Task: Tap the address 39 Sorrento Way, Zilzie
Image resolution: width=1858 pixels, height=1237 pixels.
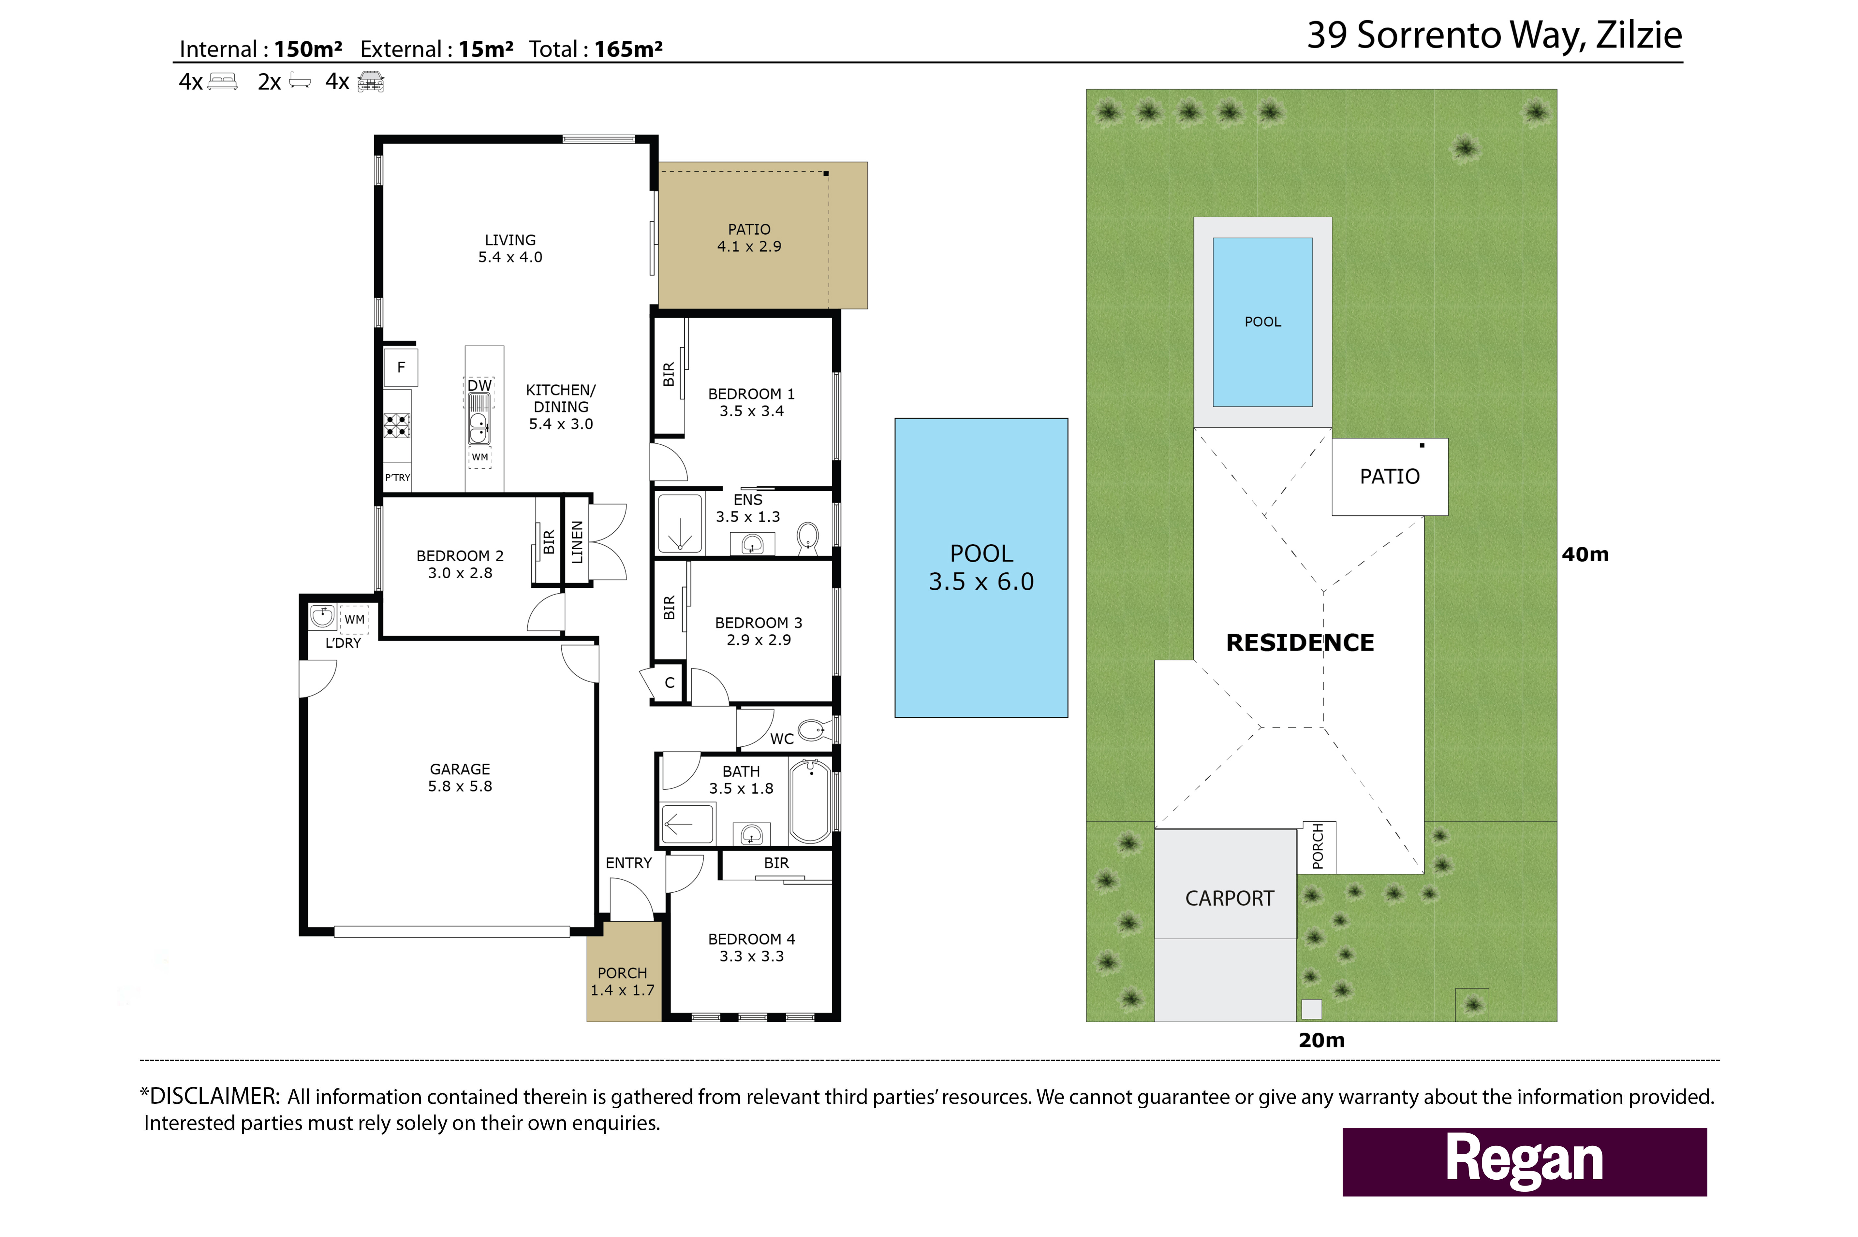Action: pyautogui.click(x=1494, y=36)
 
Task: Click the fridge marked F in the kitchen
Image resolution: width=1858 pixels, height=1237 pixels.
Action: pyautogui.click(x=401, y=367)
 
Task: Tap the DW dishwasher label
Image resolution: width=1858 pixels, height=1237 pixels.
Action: pyautogui.click(x=479, y=385)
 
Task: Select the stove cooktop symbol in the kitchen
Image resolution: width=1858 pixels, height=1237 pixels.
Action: pyautogui.click(x=397, y=426)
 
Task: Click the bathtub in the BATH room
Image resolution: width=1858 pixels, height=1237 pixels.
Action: pyautogui.click(x=810, y=801)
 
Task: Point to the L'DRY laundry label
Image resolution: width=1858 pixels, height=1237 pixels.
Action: pyautogui.click(x=343, y=643)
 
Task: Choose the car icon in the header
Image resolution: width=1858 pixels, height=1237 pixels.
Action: pyautogui.click(x=370, y=81)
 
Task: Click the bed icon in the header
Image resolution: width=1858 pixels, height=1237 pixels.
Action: pyautogui.click(x=223, y=81)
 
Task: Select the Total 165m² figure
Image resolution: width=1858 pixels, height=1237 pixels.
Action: pyautogui.click(x=595, y=49)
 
